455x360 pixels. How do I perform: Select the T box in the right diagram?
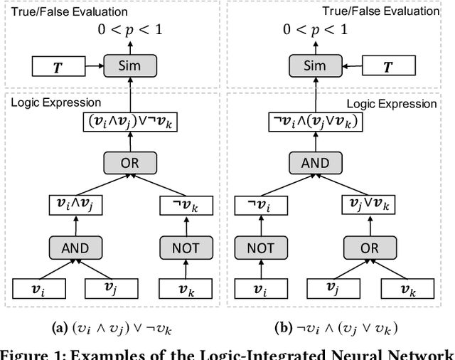point(387,68)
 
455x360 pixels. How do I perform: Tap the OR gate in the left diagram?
point(130,163)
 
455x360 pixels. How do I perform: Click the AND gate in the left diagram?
point(75,248)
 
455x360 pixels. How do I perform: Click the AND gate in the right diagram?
point(316,163)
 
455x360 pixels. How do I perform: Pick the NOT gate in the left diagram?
point(186,248)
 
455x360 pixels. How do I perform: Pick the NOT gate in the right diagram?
point(260,248)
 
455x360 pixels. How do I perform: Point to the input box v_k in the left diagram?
point(186,288)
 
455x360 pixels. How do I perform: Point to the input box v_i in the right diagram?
point(259,288)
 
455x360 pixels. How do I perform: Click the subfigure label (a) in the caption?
point(60,329)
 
